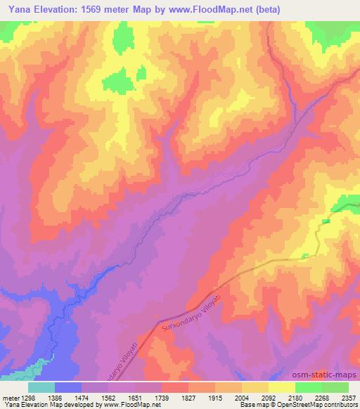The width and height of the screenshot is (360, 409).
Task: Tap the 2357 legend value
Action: click(x=345, y=397)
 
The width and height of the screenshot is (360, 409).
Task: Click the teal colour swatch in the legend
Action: click(x=41, y=387)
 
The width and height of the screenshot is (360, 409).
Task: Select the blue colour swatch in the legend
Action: click(x=68, y=387)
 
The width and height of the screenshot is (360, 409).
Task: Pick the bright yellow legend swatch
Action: click(x=282, y=387)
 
